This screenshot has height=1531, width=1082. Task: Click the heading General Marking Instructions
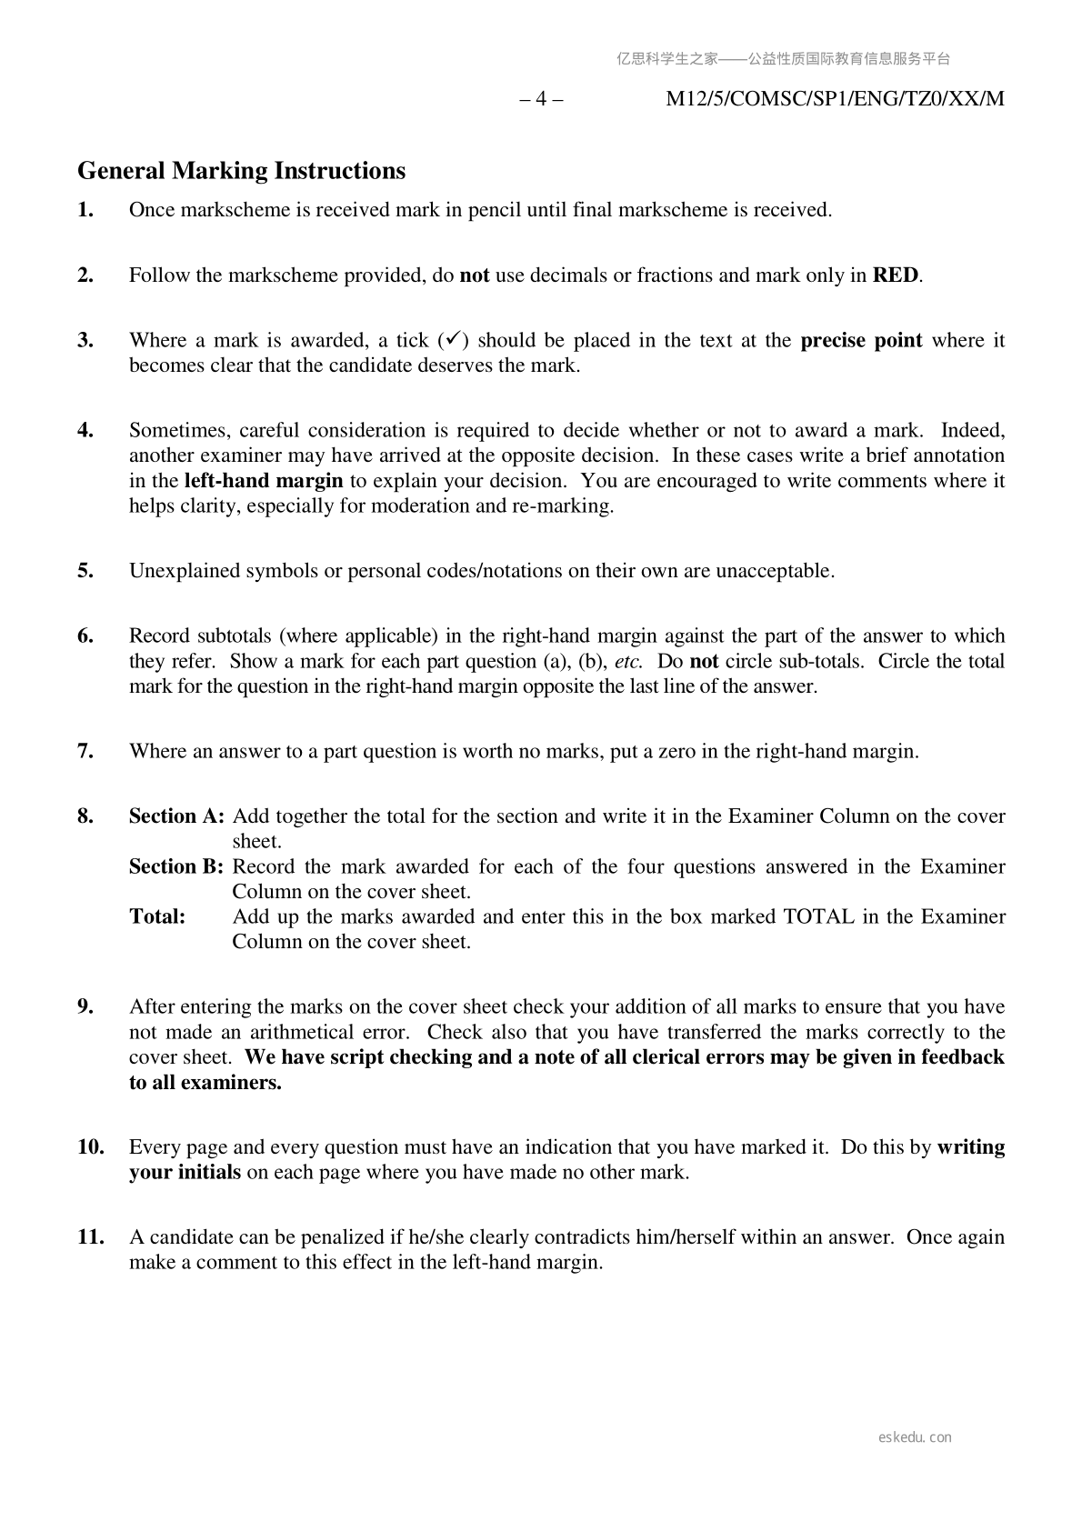(241, 171)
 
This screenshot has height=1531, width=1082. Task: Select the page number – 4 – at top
(541, 99)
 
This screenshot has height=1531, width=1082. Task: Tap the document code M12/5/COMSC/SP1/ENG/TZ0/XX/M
(835, 99)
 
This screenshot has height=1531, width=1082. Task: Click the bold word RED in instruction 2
(895, 275)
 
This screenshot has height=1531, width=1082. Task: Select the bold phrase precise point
(861, 341)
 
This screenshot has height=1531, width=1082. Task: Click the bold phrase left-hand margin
(264, 481)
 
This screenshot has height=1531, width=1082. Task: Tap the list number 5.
(85, 571)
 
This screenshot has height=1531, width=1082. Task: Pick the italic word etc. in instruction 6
(628, 661)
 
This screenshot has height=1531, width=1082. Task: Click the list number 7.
(85, 751)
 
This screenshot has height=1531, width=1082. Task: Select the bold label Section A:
(176, 816)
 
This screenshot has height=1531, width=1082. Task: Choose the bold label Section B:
(176, 866)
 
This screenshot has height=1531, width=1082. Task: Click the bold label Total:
(157, 916)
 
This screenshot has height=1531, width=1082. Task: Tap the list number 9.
(85, 1006)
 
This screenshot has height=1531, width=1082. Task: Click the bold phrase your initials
(185, 1172)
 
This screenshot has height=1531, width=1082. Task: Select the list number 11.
(90, 1237)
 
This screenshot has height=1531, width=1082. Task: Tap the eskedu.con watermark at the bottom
(916, 1437)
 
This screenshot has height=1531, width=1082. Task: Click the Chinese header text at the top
(783, 59)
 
